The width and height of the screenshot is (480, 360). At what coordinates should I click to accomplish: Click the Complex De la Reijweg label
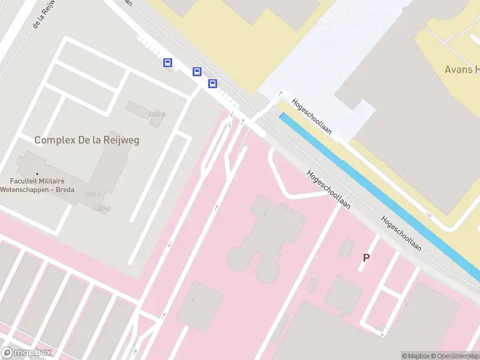[x=86, y=140]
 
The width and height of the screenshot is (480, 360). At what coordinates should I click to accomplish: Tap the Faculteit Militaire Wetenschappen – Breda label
[x=41, y=185]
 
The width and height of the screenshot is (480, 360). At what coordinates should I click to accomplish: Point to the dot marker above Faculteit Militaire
[x=37, y=175]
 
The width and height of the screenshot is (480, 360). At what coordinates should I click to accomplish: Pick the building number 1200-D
[x=102, y=208]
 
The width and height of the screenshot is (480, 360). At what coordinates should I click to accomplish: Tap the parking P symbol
[x=366, y=257]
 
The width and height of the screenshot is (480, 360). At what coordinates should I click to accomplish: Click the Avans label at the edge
[x=461, y=69]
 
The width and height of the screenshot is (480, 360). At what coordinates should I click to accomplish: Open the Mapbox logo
[x=26, y=353]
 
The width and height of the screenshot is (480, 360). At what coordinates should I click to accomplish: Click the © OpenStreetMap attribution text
[x=454, y=356]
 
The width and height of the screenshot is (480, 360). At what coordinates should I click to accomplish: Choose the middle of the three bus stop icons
[x=197, y=72]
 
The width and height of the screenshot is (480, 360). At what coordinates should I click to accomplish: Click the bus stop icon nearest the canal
[x=213, y=83]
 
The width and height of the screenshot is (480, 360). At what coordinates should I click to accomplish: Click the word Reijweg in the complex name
[x=118, y=140]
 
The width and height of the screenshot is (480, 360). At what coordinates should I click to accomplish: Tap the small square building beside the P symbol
[x=346, y=248]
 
